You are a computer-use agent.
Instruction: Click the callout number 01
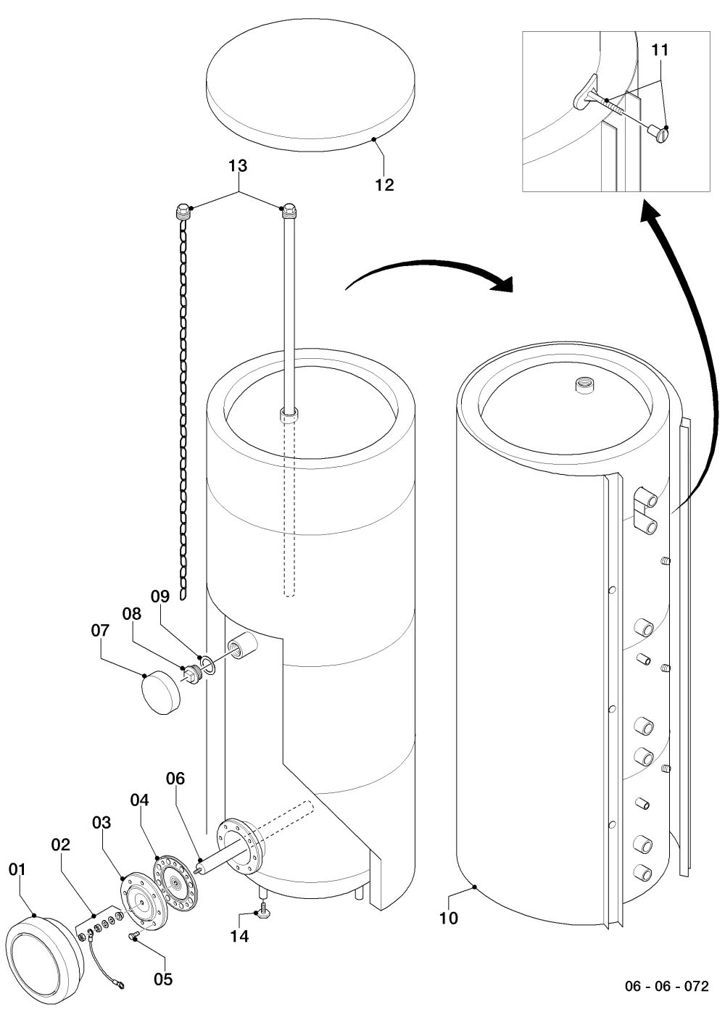pyautogui.click(x=17, y=869)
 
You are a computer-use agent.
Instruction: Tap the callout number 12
pyautogui.click(x=384, y=185)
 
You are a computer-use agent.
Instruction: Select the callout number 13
pyautogui.click(x=238, y=166)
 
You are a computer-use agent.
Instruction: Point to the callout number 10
pyautogui.click(x=448, y=918)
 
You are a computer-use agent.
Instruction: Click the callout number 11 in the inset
pyautogui.click(x=660, y=49)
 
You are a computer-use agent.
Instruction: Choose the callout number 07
pyautogui.click(x=100, y=630)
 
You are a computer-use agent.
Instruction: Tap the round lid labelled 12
pyautogui.click(x=311, y=86)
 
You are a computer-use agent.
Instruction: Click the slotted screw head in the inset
pyautogui.click(x=662, y=135)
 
